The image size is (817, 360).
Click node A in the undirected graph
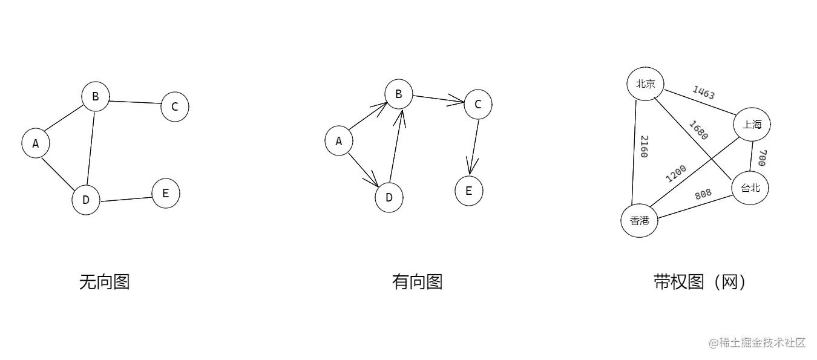[36, 143]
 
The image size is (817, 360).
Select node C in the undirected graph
[175, 107]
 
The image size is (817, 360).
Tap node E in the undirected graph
[166, 194]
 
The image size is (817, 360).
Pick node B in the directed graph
[399, 94]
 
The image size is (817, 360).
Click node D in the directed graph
[389, 197]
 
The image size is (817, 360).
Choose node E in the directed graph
[469, 191]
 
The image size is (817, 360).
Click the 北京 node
[646, 84]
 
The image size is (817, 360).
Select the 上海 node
[752, 125]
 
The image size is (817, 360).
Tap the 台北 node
[750, 188]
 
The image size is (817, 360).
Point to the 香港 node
[640, 221]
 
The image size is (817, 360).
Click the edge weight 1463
[704, 93]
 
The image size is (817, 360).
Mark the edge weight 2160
[644, 146]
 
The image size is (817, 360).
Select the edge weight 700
[762, 158]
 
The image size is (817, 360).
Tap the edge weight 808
[703, 194]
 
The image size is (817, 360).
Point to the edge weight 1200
[677, 172]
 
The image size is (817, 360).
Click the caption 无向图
[105, 282]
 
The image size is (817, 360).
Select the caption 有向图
[418, 282]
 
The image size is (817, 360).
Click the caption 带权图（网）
[700, 282]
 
